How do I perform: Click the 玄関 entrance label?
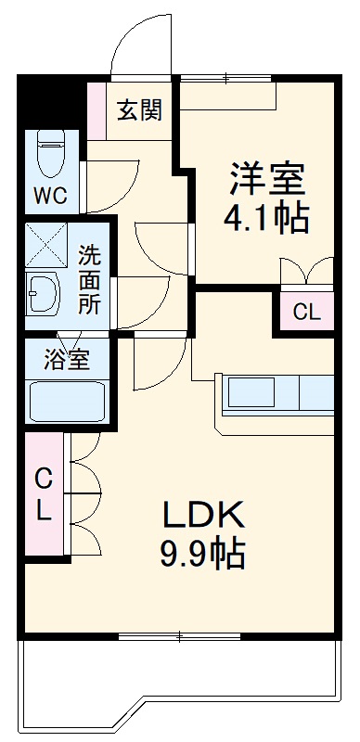140,110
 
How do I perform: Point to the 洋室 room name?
266,177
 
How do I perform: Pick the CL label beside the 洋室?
306,313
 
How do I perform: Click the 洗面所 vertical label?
90,277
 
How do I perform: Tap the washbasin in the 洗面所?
42,295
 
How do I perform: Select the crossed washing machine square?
42,244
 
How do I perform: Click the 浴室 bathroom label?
67,360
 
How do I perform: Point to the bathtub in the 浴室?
67,402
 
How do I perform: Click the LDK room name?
203,515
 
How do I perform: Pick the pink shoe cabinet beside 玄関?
96,110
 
